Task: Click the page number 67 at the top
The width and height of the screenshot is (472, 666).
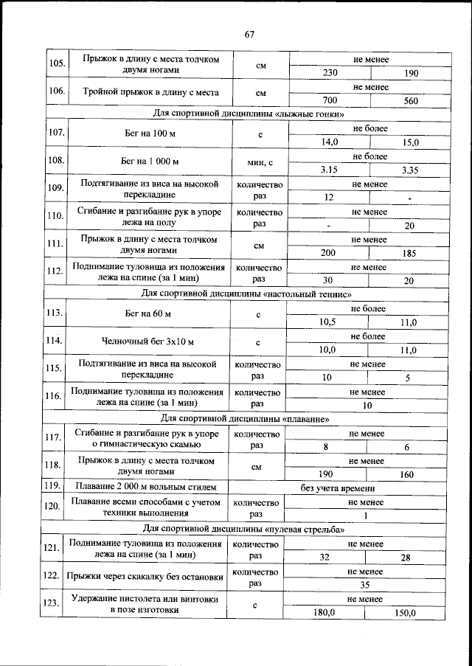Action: point(249,35)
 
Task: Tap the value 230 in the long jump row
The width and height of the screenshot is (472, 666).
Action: point(330,73)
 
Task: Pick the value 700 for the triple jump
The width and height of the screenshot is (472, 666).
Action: point(330,100)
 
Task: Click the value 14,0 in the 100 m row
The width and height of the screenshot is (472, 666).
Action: point(329,142)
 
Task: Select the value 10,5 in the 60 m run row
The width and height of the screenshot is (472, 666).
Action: point(328,322)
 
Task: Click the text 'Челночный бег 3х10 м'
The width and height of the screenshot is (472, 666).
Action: point(147,341)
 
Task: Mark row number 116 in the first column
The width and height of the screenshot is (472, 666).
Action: point(53,397)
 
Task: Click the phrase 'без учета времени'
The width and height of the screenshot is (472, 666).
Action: point(339,488)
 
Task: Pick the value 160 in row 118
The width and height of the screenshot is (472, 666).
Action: point(406,475)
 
